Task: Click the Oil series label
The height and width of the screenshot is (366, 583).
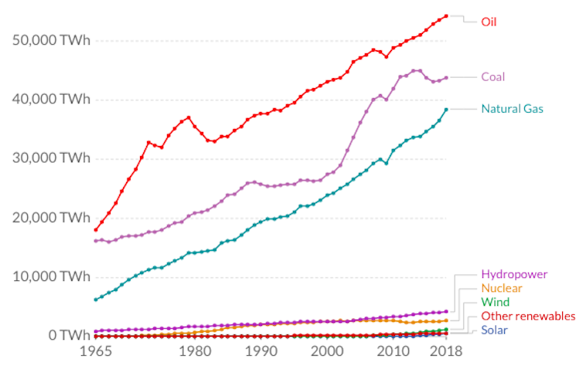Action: click(x=489, y=22)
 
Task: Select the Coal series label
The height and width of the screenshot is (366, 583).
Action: click(x=493, y=77)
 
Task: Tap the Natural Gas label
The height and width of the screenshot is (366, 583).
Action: click(x=512, y=109)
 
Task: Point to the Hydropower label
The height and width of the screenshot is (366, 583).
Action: click(x=513, y=274)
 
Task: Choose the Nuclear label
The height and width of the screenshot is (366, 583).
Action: click(x=502, y=288)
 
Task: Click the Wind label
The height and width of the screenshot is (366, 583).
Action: click(x=495, y=302)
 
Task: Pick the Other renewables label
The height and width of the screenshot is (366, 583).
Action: click(x=528, y=316)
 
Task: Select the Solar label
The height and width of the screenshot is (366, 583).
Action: click(x=496, y=330)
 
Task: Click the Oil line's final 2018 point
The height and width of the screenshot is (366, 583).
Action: click(x=446, y=15)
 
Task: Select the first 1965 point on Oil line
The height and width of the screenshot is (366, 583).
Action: click(x=96, y=229)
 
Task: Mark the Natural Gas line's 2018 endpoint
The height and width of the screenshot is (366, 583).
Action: click(x=446, y=109)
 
